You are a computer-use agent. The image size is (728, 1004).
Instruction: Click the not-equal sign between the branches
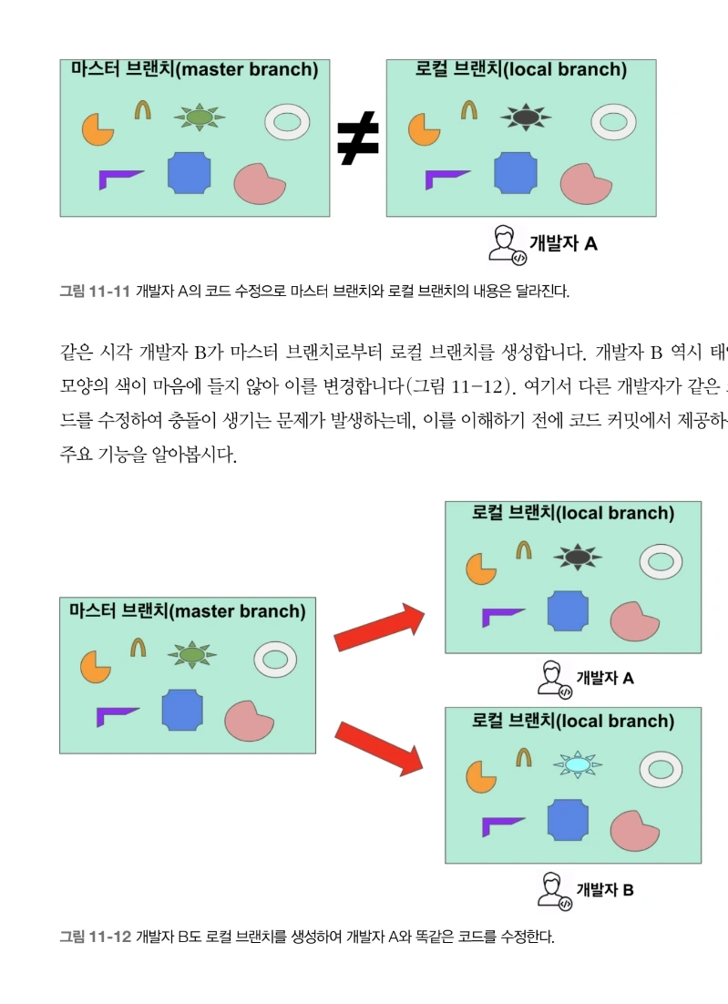tap(357, 141)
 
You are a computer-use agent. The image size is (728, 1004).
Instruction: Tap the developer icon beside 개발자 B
tap(552, 889)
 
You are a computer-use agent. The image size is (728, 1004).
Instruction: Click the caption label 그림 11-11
tap(95, 292)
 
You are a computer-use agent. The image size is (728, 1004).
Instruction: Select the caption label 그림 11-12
tap(95, 936)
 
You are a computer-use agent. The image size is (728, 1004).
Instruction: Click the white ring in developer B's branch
tap(661, 769)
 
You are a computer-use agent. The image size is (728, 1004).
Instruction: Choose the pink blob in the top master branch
tap(259, 183)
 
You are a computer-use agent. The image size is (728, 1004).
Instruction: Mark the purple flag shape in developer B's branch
tap(502, 825)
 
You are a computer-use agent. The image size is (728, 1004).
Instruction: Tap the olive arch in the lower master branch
tap(138, 647)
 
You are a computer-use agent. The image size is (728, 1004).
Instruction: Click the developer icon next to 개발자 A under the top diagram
tap(505, 244)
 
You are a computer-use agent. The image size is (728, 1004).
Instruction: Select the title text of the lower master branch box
tap(186, 611)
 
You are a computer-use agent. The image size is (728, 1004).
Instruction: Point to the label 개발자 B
tap(604, 889)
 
